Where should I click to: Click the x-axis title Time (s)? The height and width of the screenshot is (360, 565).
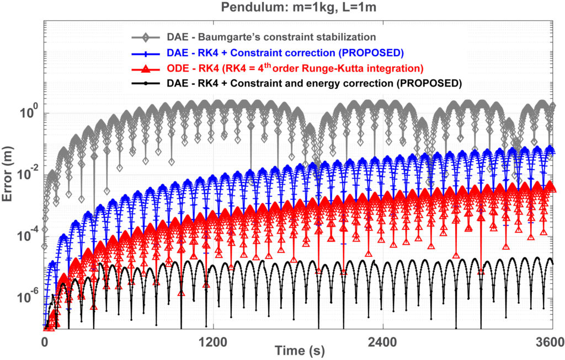coord(297,351)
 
